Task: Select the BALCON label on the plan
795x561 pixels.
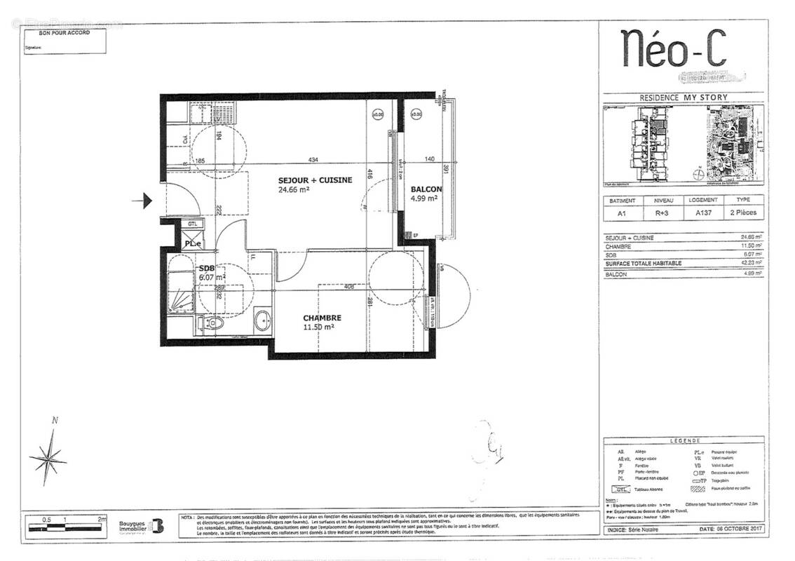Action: [426, 189]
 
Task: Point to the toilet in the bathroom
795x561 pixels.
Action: [214, 323]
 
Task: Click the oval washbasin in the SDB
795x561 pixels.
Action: [264, 321]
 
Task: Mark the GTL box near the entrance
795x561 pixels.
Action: [192, 224]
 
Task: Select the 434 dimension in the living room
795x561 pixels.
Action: [303, 161]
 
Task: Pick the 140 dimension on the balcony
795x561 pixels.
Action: [430, 160]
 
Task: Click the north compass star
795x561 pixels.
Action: [48, 459]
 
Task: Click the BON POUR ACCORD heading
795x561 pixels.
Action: [64, 32]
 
